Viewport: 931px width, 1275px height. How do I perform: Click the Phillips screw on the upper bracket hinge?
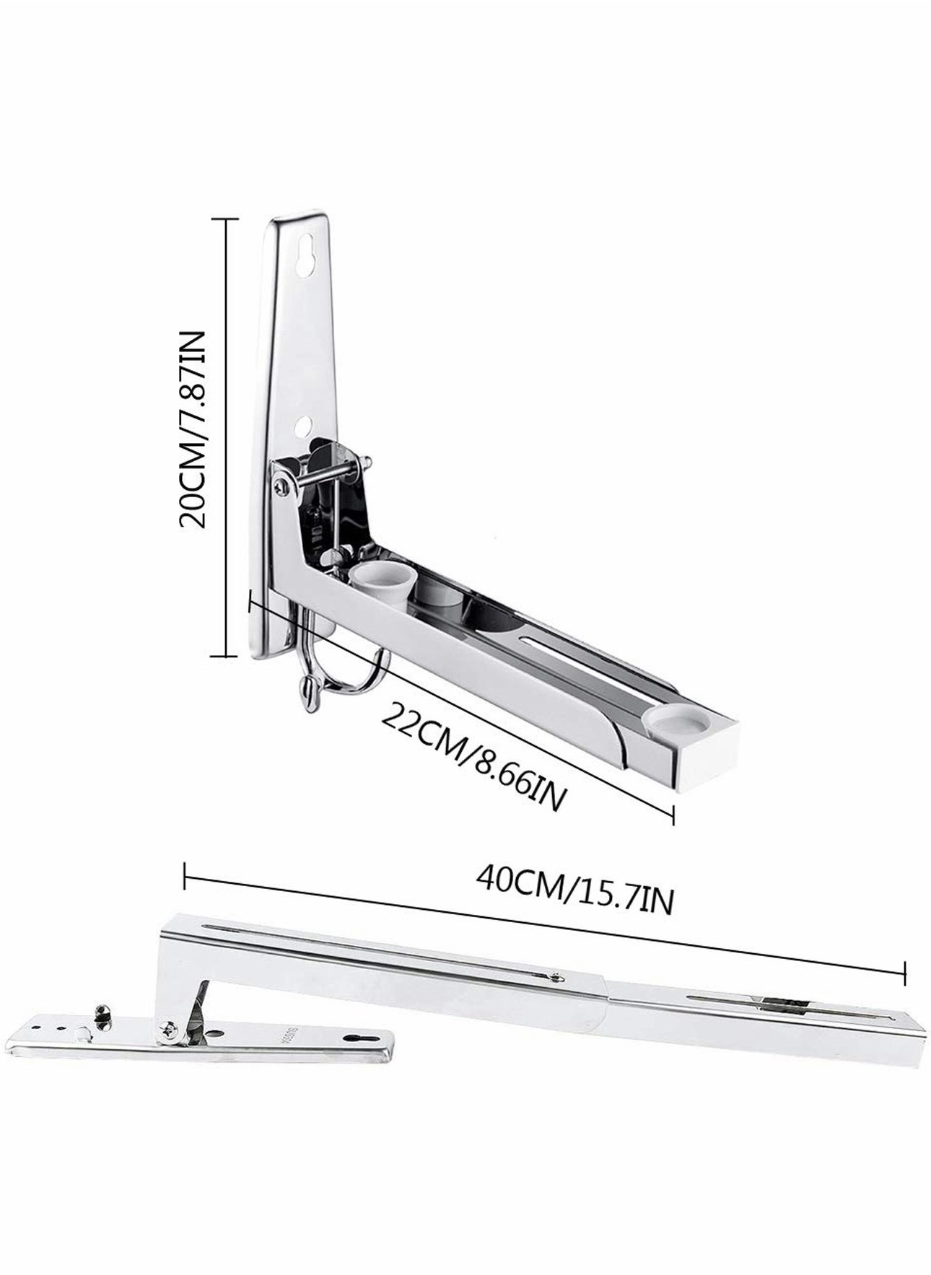(282, 487)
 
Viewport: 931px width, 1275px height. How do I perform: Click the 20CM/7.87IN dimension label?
(194, 429)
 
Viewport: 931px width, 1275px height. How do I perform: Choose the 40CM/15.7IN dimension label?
(574, 895)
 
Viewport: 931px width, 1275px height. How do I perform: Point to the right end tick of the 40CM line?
(904, 971)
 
